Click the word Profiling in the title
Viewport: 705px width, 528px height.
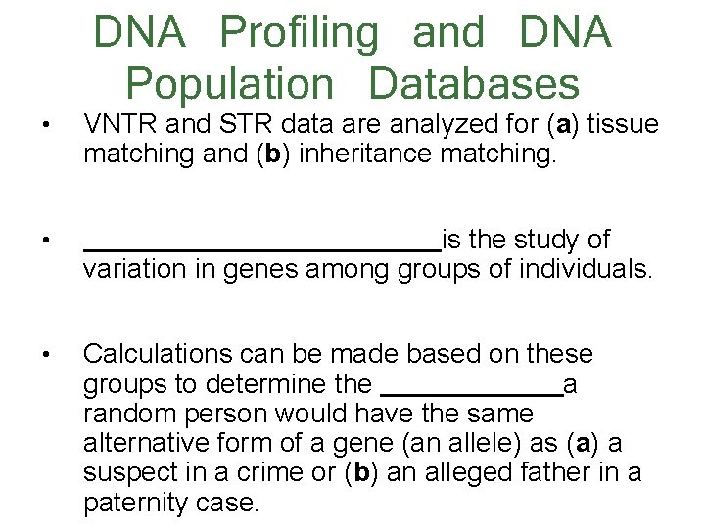(299, 33)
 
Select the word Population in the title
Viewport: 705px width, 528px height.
(230, 84)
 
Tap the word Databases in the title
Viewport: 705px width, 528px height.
(474, 84)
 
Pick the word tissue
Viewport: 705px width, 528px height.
(621, 125)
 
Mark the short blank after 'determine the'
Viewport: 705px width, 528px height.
(471, 392)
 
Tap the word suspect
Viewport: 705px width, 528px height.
(132, 473)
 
